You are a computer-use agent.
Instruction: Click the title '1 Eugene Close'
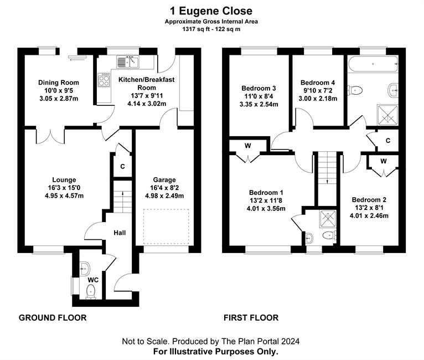pyautogui.click(x=211, y=11)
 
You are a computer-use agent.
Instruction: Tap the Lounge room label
pyautogui.click(x=64, y=180)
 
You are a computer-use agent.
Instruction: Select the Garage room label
pyautogui.click(x=164, y=180)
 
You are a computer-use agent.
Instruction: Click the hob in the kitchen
pyautogui.click(x=104, y=80)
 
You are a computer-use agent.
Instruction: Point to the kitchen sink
pyautogui.click(x=128, y=62)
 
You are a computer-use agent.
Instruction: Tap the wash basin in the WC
pyautogui.click(x=85, y=269)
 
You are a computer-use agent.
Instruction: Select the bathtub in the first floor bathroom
pyautogui.click(x=373, y=64)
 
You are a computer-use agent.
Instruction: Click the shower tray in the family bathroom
pyautogui.click(x=388, y=115)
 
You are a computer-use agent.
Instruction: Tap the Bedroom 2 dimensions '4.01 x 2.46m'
pyautogui.click(x=369, y=215)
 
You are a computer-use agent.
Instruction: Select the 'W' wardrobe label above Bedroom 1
pyautogui.click(x=247, y=146)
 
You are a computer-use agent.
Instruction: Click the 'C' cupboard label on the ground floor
pyautogui.click(x=122, y=166)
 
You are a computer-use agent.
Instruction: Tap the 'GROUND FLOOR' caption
pyautogui.click(x=53, y=317)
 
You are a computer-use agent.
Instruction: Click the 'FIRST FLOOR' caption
pyautogui.click(x=251, y=317)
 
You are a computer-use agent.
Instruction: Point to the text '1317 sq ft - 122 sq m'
pyautogui.click(x=211, y=29)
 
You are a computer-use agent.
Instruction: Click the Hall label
pyautogui.click(x=120, y=233)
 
